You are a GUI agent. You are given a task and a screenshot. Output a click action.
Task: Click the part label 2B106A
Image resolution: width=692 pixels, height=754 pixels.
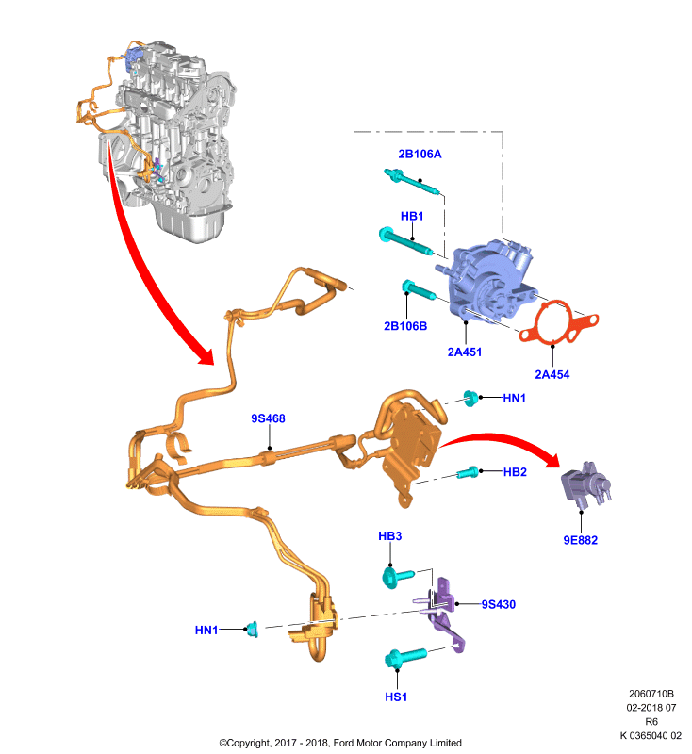coord(420,154)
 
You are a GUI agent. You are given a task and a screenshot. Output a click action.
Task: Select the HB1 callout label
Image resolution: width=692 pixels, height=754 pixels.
coord(412,217)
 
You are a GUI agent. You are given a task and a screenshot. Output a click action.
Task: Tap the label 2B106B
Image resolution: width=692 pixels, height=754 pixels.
coord(405,326)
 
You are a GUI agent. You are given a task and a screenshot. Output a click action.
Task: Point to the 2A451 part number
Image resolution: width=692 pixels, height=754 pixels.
coord(465,352)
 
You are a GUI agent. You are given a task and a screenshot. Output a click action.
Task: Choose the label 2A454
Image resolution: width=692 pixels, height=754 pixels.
coord(552,374)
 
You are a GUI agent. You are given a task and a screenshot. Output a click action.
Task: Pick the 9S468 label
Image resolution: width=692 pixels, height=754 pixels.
coord(268,418)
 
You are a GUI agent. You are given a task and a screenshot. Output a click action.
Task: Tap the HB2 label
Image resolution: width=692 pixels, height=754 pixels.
coord(515,472)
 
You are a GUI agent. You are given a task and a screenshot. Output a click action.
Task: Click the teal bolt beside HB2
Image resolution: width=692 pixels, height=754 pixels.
coord(468,473)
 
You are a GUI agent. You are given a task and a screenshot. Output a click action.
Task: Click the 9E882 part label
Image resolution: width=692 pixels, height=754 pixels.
coord(581,540)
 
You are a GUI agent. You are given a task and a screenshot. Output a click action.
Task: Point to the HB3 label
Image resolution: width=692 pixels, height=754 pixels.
coord(390,536)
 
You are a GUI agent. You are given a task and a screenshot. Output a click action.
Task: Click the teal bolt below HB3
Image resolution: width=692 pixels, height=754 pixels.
coord(397,577)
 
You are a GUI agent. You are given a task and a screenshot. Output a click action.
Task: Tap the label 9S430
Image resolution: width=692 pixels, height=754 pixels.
coord(499,604)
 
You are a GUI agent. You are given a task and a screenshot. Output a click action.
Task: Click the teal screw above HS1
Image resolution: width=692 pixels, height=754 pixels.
coord(405,657)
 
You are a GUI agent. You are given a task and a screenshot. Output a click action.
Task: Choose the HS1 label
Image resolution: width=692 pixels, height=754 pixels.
coord(396,697)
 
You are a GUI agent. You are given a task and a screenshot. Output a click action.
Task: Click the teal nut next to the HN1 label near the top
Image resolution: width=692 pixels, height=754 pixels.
coord(470,398)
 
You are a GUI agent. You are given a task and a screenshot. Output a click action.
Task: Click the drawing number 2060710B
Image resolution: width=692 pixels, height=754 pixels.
coord(651,694)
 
